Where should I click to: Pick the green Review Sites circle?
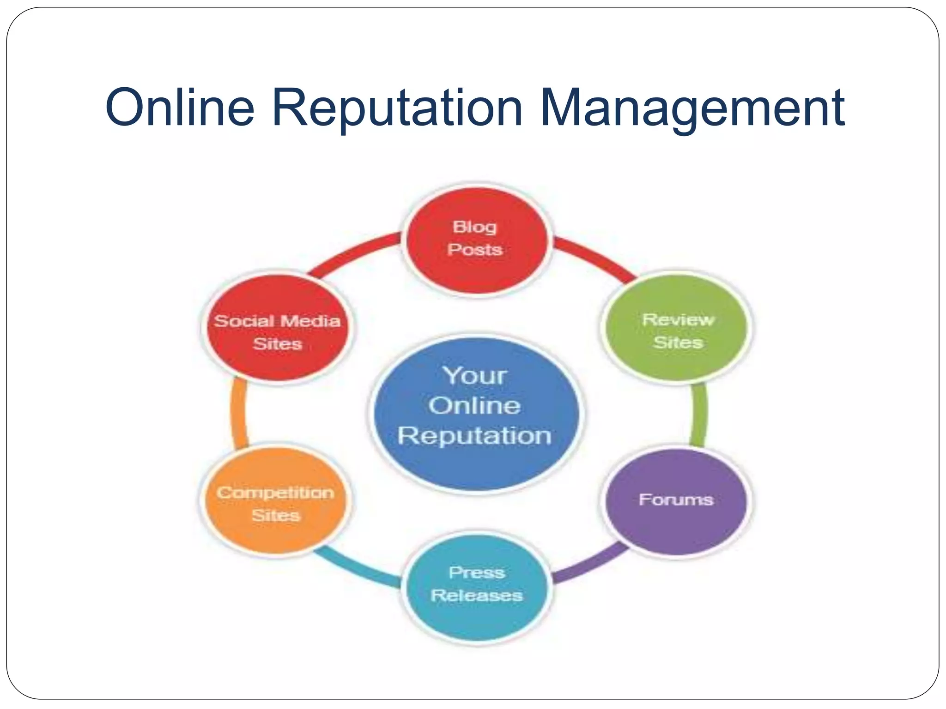coord(677,328)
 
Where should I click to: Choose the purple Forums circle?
coord(676,501)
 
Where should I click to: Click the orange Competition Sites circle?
coord(276,501)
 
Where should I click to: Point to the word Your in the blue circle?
coord(475,376)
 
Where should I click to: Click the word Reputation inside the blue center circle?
coord(475,435)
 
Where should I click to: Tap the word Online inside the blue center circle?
coord(475,406)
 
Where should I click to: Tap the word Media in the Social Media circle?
coord(310,321)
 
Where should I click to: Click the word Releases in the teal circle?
coord(477,595)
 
